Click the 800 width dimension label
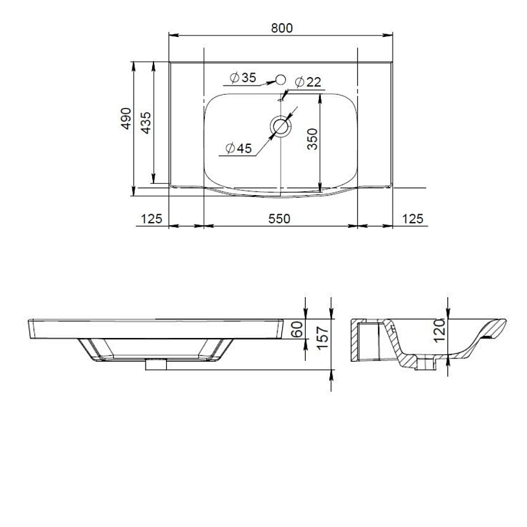(x=282, y=28)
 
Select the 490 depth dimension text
(x=126, y=119)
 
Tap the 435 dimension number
(x=146, y=123)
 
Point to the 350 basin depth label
(x=312, y=139)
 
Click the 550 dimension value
(x=279, y=219)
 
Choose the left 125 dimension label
(x=152, y=219)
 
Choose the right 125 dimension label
(x=413, y=219)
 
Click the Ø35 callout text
(x=242, y=78)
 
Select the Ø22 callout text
(x=308, y=82)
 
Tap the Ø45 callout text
(x=238, y=148)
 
